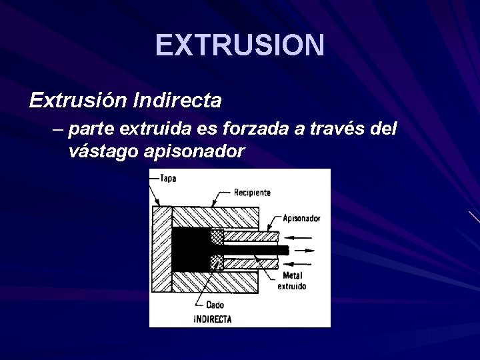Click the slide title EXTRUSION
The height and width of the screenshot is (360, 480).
click(240, 45)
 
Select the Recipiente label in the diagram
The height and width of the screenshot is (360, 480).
click(252, 193)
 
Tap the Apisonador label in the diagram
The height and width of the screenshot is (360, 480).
click(302, 217)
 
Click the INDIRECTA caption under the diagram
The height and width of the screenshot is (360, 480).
click(212, 319)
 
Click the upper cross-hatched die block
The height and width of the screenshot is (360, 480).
click(217, 237)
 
